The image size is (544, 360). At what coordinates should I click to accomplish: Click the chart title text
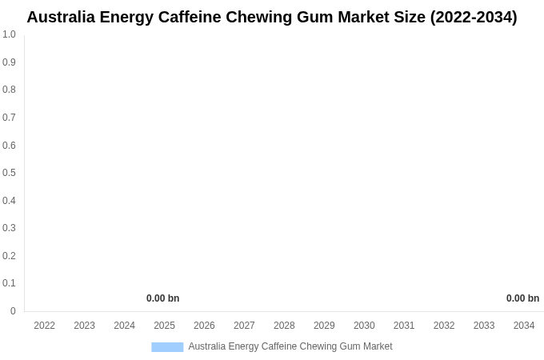coord(272,17)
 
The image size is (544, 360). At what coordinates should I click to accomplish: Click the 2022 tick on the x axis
coord(45,326)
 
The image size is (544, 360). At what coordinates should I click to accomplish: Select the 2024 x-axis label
coord(124,326)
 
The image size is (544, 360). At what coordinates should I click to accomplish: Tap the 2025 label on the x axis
coord(164,326)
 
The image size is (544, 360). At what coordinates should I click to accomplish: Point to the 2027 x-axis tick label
coord(244,326)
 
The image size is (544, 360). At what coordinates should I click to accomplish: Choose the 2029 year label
coord(324,326)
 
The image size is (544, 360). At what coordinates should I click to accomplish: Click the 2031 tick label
coord(404,326)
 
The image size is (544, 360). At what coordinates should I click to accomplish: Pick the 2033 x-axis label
coord(484,326)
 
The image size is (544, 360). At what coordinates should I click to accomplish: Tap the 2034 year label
coord(524,326)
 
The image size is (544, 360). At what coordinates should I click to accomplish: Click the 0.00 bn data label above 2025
coord(162,298)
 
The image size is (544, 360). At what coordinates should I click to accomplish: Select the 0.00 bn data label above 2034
coord(522,298)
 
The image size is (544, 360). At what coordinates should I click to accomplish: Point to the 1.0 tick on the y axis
coord(9,34)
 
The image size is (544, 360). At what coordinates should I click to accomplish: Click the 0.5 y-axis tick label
coord(9,173)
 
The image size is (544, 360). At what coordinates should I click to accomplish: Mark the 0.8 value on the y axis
coord(9,90)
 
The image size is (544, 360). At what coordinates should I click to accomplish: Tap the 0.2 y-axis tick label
coord(9,256)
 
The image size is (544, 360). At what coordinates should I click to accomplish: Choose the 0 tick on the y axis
coord(13,311)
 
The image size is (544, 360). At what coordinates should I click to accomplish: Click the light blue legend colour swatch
coord(167,347)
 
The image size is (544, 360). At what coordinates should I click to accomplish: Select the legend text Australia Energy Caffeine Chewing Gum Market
coord(290,346)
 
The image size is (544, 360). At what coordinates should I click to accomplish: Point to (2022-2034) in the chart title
coord(474,17)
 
